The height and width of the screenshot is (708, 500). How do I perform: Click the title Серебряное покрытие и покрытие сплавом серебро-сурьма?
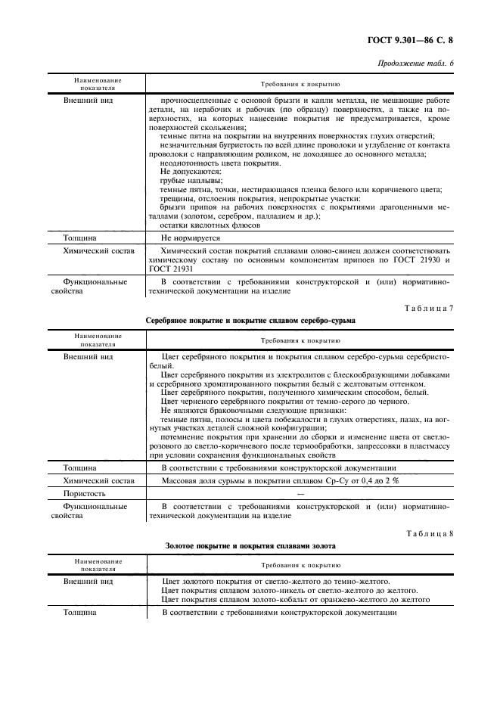pyautogui.click(x=250, y=320)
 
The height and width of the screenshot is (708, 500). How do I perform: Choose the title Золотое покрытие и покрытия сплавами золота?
pyautogui.click(x=250, y=545)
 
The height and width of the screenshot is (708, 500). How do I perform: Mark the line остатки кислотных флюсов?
pyautogui.click(x=211, y=225)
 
